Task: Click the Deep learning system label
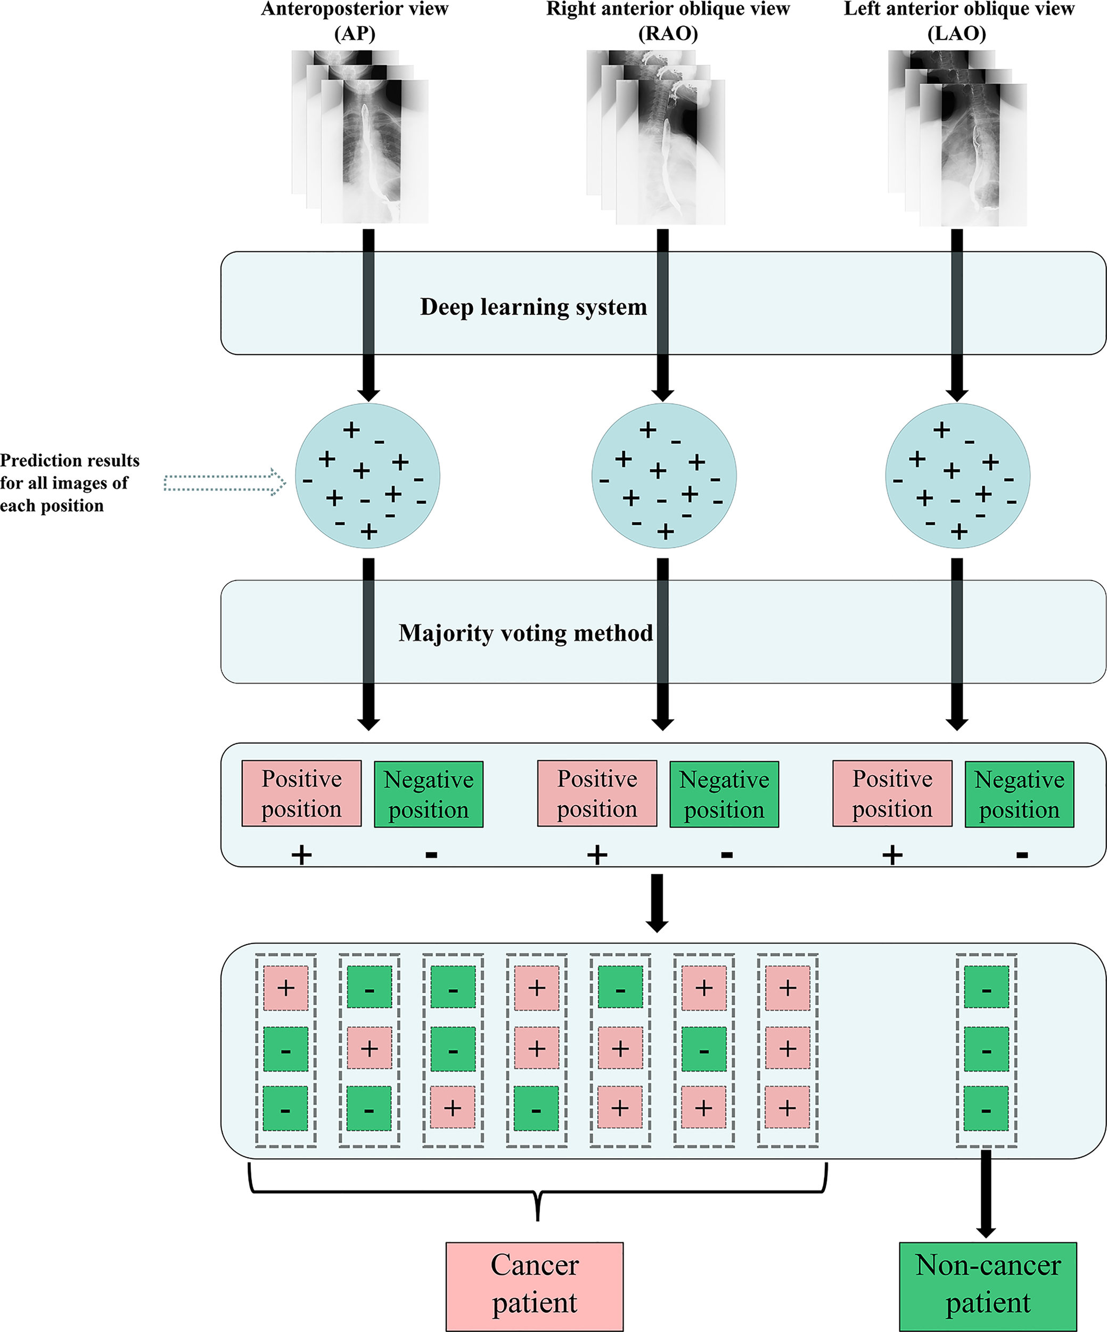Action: (532, 307)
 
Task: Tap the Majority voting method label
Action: (525, 633)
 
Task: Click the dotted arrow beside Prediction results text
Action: (224, 483)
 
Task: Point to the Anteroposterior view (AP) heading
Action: (355, 20)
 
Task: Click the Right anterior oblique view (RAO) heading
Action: (668, 20)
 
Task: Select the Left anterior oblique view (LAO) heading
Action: (957, 20)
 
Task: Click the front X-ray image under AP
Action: (374, 152)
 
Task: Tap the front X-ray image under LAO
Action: (973, 156)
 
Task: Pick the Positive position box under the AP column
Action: (301, 793)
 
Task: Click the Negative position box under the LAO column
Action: (1019, 794)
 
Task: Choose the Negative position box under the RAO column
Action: (724, 794)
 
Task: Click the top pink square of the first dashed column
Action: (285, 988)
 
